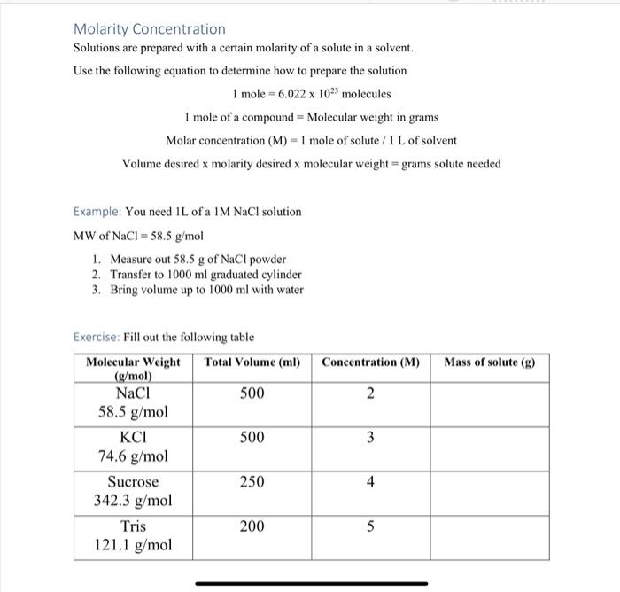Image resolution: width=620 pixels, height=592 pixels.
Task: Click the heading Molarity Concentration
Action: [149, 29]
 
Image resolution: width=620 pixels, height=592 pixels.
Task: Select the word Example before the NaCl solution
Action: [97, 212]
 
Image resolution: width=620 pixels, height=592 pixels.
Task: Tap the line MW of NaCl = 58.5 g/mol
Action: [138, 236]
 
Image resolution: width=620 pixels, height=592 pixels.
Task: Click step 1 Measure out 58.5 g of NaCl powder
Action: [198, 259]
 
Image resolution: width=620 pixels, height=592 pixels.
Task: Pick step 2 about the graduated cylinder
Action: [205, 275]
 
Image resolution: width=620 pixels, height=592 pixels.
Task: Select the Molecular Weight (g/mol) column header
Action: [133, 368]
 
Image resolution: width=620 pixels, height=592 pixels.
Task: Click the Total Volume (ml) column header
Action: [252, 362]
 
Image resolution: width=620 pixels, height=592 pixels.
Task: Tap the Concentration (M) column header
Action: [370, 362]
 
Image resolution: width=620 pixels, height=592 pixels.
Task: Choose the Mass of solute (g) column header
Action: [489, 362]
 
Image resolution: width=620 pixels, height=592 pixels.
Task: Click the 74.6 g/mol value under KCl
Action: [133, 456]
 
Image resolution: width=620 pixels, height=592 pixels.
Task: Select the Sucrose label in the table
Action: [133, 482]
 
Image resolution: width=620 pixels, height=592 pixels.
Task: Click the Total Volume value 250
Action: [252, 482]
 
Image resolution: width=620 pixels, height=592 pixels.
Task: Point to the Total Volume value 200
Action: [252, 526]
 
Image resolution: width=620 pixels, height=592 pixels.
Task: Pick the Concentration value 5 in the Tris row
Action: [370, 526]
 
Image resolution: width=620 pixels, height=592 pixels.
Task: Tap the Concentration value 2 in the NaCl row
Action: [370, 393]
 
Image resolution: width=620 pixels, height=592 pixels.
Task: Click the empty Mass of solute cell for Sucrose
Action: [489, 492]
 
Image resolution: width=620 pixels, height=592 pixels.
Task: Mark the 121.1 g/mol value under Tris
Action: [133, 545]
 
